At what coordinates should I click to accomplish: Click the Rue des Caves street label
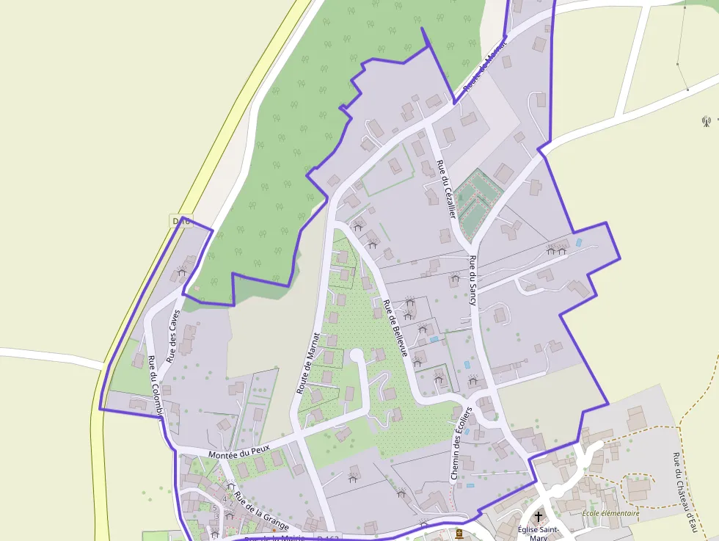coord(174,336)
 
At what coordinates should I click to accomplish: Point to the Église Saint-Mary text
coord(539,533)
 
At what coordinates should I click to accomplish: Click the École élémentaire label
coord(610,514)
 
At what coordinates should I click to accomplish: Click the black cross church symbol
coord(539,517)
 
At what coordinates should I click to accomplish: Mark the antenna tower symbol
coord(707,120)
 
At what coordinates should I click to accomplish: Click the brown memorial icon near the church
coord(459,533)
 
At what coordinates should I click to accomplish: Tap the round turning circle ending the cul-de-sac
coord(357,355)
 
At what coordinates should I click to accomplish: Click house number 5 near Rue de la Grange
coord(215,507)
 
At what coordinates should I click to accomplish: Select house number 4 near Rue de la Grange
coord(224,499)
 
